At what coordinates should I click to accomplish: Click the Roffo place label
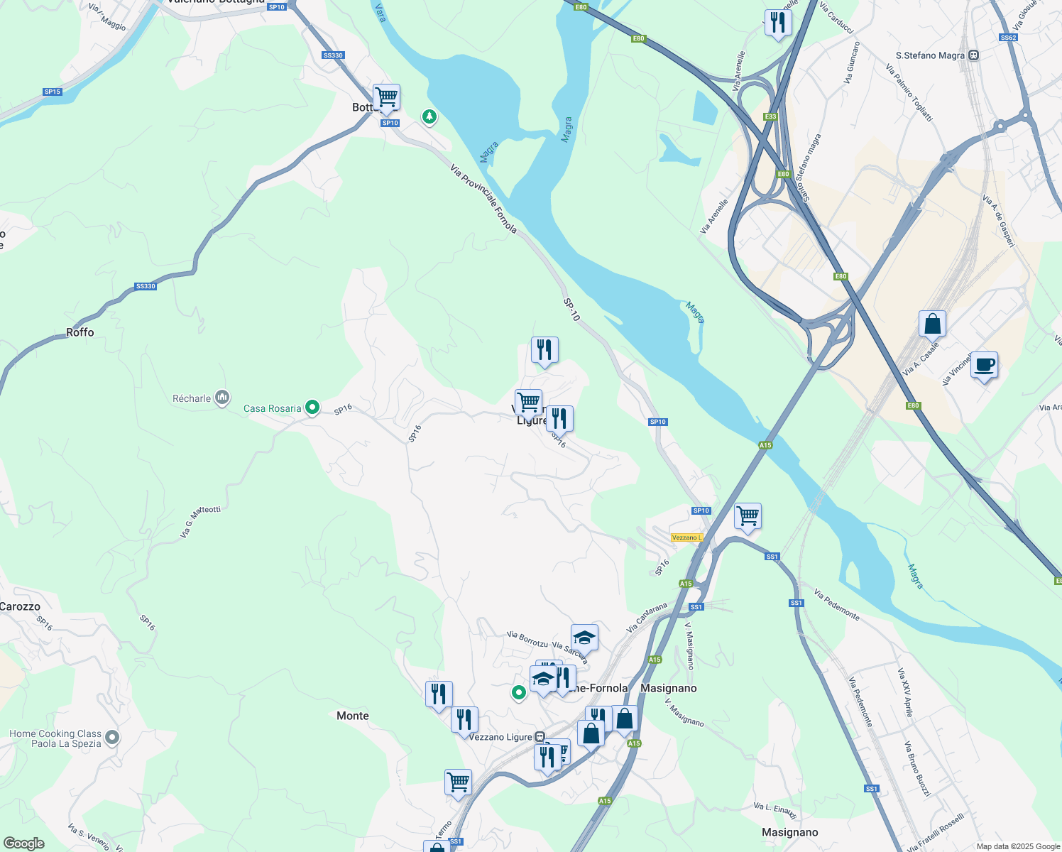(80, 332)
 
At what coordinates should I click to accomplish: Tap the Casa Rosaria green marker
(312, 407)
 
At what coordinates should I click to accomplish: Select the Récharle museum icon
(222, 398)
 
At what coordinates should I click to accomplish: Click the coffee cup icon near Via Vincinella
(984, 366)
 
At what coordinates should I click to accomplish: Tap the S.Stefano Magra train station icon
(973, 55)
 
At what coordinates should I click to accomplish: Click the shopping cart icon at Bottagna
(386, 97)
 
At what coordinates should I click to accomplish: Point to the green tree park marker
(429, 116)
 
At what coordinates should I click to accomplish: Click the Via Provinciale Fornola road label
(483, 199)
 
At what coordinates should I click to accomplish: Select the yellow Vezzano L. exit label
(686, 537)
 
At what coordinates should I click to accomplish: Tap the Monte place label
(352, 716)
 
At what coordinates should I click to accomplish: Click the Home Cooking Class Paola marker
(112, 738)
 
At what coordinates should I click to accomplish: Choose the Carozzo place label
(20, 606)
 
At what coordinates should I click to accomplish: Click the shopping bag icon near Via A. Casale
(932, 324)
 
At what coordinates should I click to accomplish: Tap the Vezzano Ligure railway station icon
(540, 737)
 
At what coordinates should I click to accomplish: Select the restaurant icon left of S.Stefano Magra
(778, 23)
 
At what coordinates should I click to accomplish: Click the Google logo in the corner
(23, 843)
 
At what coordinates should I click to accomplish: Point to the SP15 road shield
(52, 92)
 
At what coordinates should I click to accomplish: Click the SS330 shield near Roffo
(145, 286)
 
